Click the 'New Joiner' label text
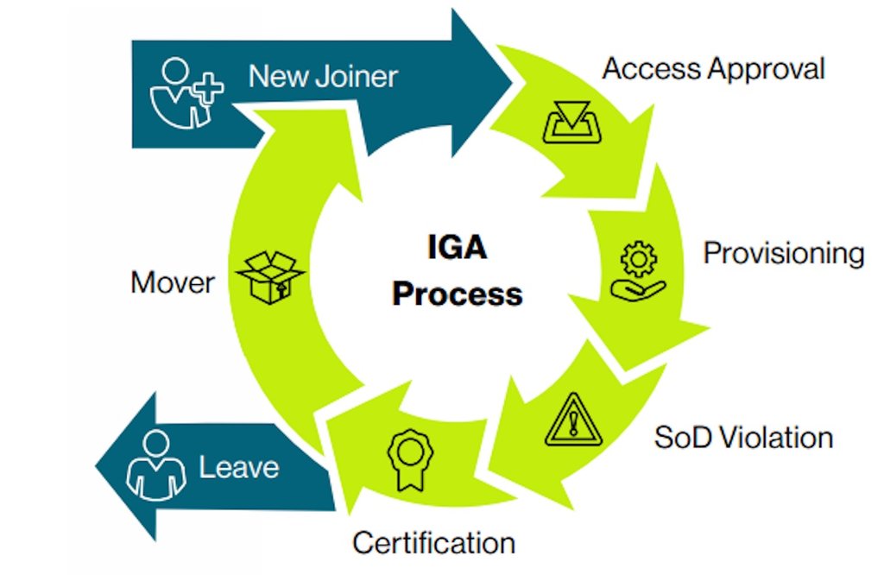pos(323,76)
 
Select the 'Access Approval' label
pos(713,68)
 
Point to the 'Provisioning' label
pos(783,253)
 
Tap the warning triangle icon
pos(571,419)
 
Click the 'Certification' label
pos(433,542)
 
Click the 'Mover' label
pos(173,282)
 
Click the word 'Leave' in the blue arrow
pos(239,467)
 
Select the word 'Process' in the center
pos(457,294)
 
